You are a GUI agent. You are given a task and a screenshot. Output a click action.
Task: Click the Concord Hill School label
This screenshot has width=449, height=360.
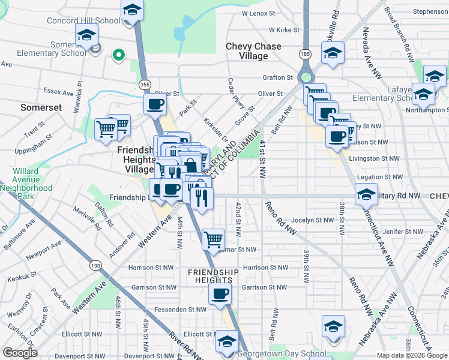84,20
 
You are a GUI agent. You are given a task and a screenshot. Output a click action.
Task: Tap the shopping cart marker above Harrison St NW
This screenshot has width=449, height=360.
213,239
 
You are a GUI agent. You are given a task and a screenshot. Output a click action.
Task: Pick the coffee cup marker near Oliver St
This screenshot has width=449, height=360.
154,104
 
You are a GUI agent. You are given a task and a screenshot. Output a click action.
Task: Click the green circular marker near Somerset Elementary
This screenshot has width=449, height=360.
119,57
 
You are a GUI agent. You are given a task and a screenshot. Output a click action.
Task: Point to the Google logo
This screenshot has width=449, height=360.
20,353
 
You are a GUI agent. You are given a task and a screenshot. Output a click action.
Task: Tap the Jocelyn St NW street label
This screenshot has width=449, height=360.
309,221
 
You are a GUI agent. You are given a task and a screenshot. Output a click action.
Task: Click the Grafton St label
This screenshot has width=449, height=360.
277,77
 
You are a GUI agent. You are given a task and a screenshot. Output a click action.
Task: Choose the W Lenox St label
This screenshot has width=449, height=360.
262,13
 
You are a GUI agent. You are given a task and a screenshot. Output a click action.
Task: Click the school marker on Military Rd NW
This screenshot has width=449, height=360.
366,194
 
